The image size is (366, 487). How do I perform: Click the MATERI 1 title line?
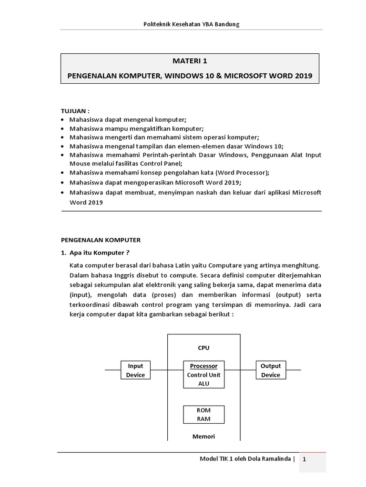point(189,61)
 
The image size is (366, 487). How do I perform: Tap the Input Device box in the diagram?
point(135,370)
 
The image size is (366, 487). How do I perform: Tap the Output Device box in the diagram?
point(271,370)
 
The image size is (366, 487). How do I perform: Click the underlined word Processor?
point(203,366)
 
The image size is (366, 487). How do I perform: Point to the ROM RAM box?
point(203,415)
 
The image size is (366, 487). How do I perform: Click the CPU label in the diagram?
point(203,348)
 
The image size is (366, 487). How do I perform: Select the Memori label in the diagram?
point(203,436)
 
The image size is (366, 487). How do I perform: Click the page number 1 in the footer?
point(312,459)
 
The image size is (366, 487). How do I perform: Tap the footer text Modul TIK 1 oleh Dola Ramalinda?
point(245,459)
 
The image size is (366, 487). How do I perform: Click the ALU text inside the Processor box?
point(203,384)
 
